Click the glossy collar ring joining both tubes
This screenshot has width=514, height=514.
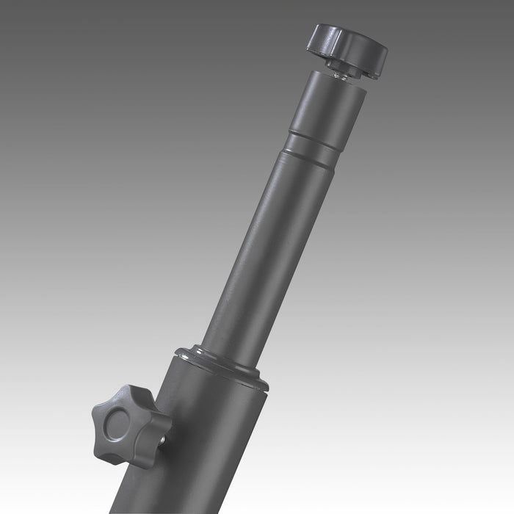point(220,365)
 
